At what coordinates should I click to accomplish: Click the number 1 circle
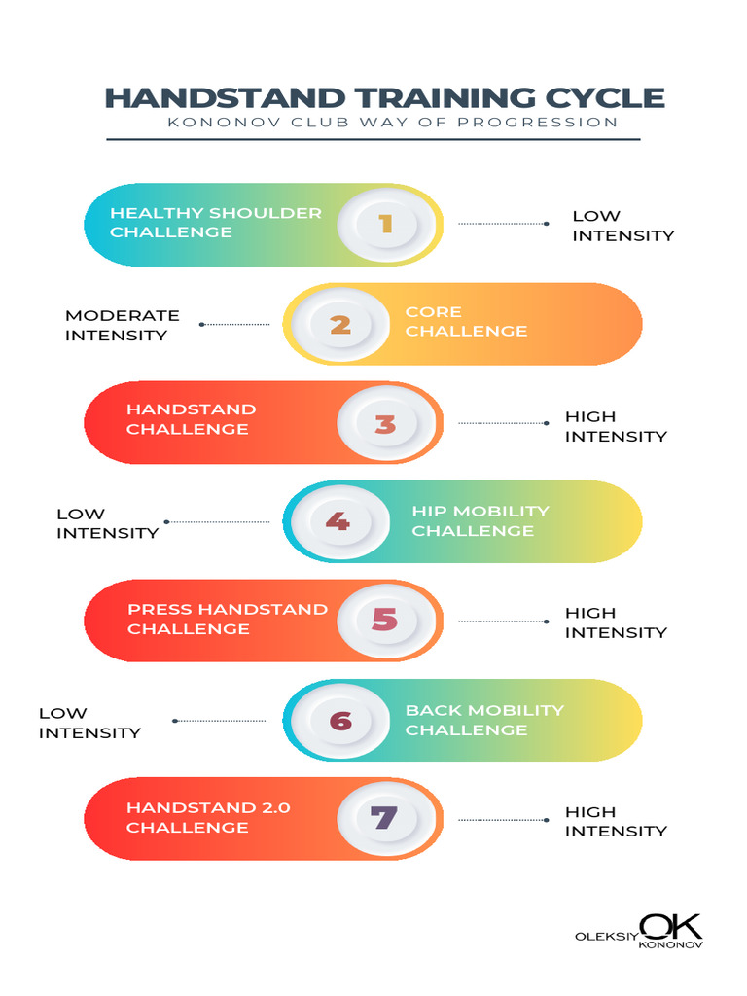[x=387, y=225]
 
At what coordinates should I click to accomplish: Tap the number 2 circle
[x=341, y=325]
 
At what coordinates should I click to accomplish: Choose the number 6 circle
[x=341, y=721]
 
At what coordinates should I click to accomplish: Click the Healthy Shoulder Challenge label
[x=216, y=223]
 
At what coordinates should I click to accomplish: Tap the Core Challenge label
[x=466, y=321]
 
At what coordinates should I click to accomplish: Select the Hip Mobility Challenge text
[x=480, y=521]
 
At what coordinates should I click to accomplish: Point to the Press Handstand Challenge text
[x=228, y=619]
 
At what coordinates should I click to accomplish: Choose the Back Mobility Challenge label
[x=484, y=720]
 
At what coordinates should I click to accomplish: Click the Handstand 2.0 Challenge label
[x=208, y=817]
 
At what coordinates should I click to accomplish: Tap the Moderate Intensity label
[x=123, y=325]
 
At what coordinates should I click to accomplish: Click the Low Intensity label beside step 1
[x=623, y=226]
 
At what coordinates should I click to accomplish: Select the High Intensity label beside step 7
[x=616, y=821]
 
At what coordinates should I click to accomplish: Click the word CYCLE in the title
[x=596, y=98]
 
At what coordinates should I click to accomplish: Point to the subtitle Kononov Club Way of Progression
[x=393, y=122]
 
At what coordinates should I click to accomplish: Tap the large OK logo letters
[x=671, y=927]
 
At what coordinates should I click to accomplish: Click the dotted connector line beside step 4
[x=217, y=522]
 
